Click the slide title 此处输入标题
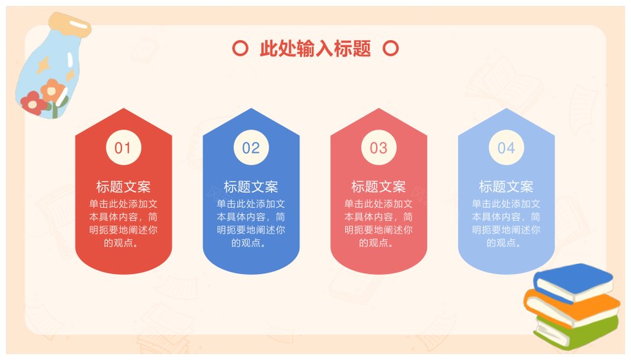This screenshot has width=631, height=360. click(315, 49)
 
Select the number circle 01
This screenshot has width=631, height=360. click(124, 147)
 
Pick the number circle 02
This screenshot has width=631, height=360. click(251, 147)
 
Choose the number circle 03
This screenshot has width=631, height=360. click(379, 147)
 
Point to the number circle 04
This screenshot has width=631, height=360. click(506, 147)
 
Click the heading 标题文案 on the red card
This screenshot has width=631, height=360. click(124, 187)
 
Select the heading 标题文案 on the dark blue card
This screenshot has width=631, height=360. click(251, 187)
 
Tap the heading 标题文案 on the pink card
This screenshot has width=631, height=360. click(379, 187)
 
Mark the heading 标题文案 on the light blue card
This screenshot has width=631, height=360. click(506, 187)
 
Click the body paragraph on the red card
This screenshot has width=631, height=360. click(124, 223)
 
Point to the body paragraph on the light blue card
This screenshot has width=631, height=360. click(506, 223)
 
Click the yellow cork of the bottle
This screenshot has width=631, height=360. click(70, 24)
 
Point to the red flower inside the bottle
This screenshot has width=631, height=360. click(32, 102)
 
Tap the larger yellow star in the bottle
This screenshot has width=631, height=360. click(43, 64)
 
